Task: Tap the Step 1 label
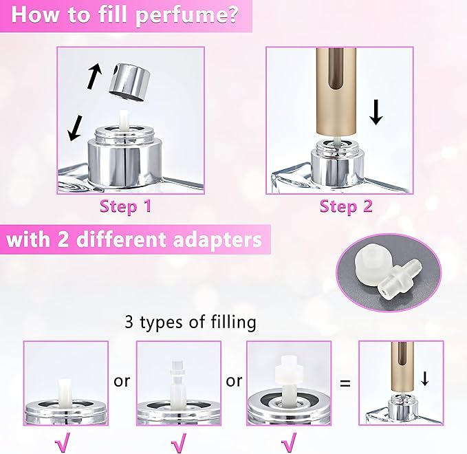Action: tap(125, 206)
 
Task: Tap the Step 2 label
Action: tap(346, 206)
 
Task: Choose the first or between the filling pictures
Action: tap(122, 380)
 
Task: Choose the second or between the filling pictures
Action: tap(234, 380)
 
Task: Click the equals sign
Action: tap(345, 382)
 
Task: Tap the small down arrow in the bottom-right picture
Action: tap(426, 379)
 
